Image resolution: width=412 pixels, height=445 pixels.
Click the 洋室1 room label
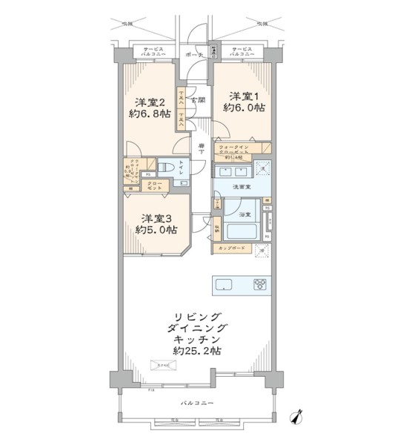click(x=244, y=96)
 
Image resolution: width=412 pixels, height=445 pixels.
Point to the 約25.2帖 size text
click(x=198, y=350)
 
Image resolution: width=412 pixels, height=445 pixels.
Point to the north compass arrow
click(x=299, y=417)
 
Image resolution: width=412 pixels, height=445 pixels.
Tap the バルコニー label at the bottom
click(x=197, y=403)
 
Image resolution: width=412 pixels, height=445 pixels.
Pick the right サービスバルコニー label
click(x=242, y=53)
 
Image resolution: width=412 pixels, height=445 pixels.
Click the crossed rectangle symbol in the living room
click(x=162, y=363)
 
